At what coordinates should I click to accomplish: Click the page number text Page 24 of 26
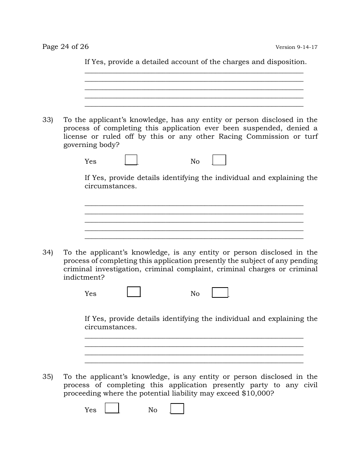pos(65,47)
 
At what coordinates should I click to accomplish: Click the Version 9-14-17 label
pos(296,47)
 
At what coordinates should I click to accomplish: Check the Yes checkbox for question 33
pos(131,160)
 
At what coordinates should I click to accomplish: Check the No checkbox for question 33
pos(219,160)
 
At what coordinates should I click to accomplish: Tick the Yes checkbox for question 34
pos(134,292)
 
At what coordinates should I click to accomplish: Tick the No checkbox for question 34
pos(220,292)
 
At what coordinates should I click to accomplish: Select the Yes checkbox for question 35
pos(112,408)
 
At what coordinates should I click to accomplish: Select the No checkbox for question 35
pos(177,408)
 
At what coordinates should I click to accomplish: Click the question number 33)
pos(47,120)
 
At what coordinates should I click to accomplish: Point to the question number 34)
pos(47,253)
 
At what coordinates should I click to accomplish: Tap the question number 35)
pos(47,377)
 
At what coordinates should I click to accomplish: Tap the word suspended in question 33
pos(262,128)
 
